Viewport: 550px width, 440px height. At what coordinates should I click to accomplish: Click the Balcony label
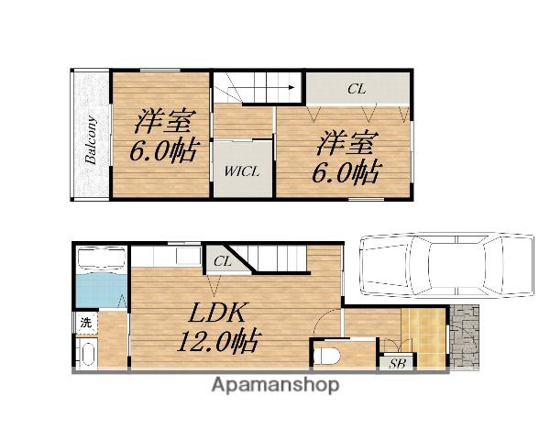(x=91, y=140)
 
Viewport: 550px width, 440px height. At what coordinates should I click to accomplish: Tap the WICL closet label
(x=242, y=172)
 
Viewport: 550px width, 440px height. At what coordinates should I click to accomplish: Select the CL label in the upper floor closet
(x=357, y=89)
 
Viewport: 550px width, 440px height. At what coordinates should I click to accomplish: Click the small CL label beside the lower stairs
(x=222, y=261)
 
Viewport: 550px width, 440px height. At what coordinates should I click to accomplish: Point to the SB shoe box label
(x=397, y=364)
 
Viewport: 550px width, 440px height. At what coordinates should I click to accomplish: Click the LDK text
(x=216, y=313)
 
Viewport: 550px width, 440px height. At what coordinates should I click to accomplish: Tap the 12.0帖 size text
(x=219, y=340)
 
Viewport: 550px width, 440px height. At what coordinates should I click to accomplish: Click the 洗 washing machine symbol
(x=86, y=322)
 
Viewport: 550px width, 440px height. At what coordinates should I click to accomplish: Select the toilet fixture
(x=327, y=357)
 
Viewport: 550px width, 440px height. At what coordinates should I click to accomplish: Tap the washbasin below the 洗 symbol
(x=86, y=354)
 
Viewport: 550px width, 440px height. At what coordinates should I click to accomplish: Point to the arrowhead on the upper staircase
(x=291, y=88)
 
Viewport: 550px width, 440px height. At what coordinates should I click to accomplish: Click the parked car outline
(x=447, y=266)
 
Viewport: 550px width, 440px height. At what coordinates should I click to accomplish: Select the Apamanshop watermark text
(x=276, y=386)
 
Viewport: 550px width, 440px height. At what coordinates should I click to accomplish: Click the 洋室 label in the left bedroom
(x=163, y=121)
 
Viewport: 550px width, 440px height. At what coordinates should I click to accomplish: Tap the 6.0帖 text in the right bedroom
(x=346, y=172)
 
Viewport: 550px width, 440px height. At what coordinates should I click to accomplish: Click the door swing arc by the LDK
(x=324, y=320)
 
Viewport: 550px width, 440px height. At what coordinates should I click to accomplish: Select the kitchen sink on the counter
(x=188, y=256)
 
